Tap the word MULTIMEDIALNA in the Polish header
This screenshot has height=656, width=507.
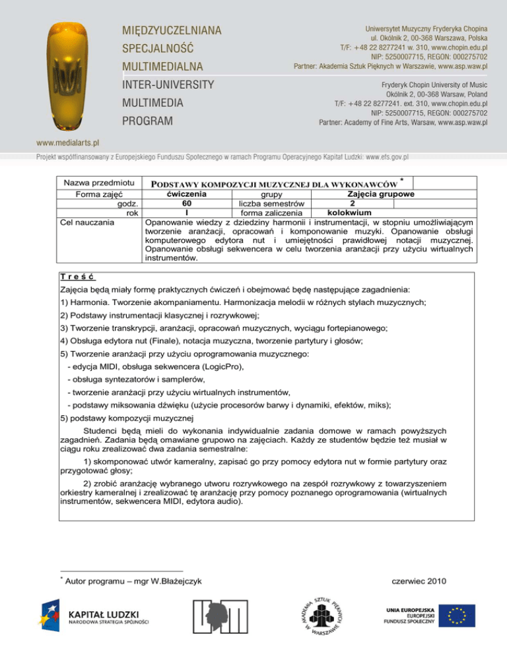pos(162,67)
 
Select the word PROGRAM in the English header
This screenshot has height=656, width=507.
pos(146,121)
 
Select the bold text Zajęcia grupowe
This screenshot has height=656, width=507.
pos(376,195)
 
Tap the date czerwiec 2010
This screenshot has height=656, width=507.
pos(419,581)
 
